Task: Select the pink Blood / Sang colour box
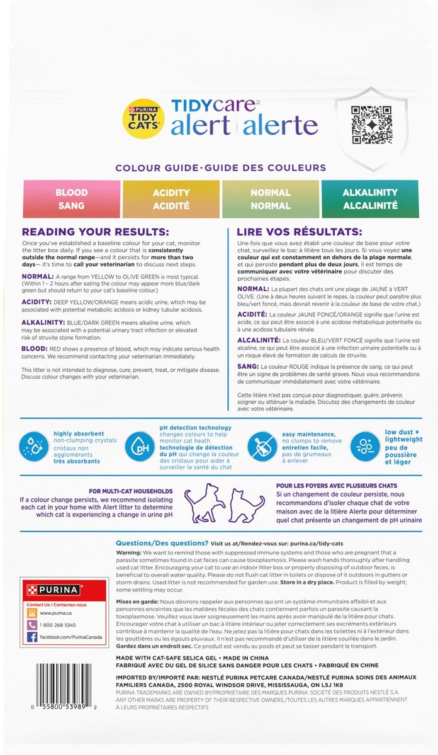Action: point(71,199)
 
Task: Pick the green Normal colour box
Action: point(270,199)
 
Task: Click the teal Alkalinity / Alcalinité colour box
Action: point(369,199)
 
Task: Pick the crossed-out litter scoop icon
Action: point(260,444)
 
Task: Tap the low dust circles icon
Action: point(363,444)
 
